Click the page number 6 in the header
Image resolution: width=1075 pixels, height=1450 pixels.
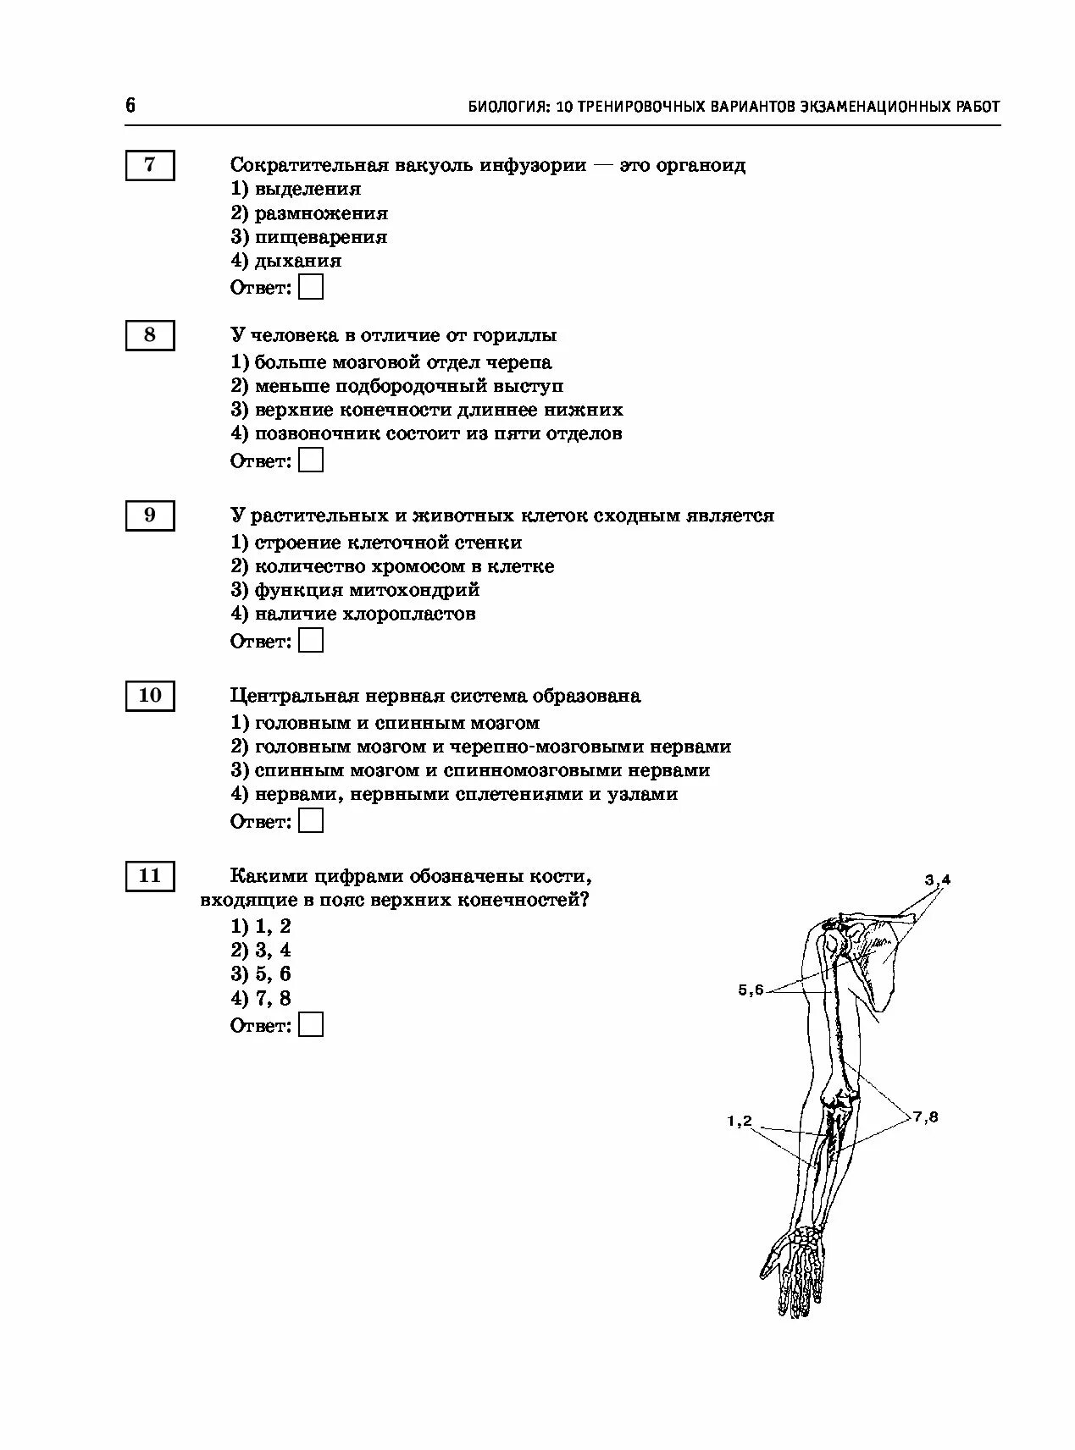click(x=130, y=106)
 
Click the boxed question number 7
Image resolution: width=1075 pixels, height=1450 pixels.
click(x=150, y=165)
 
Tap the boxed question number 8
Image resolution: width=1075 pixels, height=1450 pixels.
click(x=150, y=335)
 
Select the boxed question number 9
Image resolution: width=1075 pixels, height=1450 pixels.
click(x=150, y=515)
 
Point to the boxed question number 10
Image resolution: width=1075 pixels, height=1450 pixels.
click(x=150, y=696)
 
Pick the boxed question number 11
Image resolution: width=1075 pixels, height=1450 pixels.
click(x=150, y=876)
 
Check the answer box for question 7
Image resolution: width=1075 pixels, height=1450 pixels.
click(x=312, y=288)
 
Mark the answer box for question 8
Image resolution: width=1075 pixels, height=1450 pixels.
click(x=312, y=460)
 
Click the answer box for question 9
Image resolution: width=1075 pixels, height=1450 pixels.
click(x=312, y=641)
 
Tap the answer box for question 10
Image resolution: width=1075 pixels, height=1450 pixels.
click(x=312, y=821)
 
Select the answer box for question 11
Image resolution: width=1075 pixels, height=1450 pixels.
click(x=312, y=1025)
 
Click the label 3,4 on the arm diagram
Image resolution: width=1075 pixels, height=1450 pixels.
click(x=938, y=880)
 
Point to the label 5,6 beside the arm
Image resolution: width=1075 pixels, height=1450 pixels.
click(x=751, y=990)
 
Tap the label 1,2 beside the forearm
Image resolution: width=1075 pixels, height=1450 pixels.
click(x=740, y=1122)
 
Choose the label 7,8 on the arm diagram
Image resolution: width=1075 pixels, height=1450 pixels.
click(x=926, y=1116)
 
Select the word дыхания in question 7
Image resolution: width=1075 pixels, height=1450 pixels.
click(x=298, y=261)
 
